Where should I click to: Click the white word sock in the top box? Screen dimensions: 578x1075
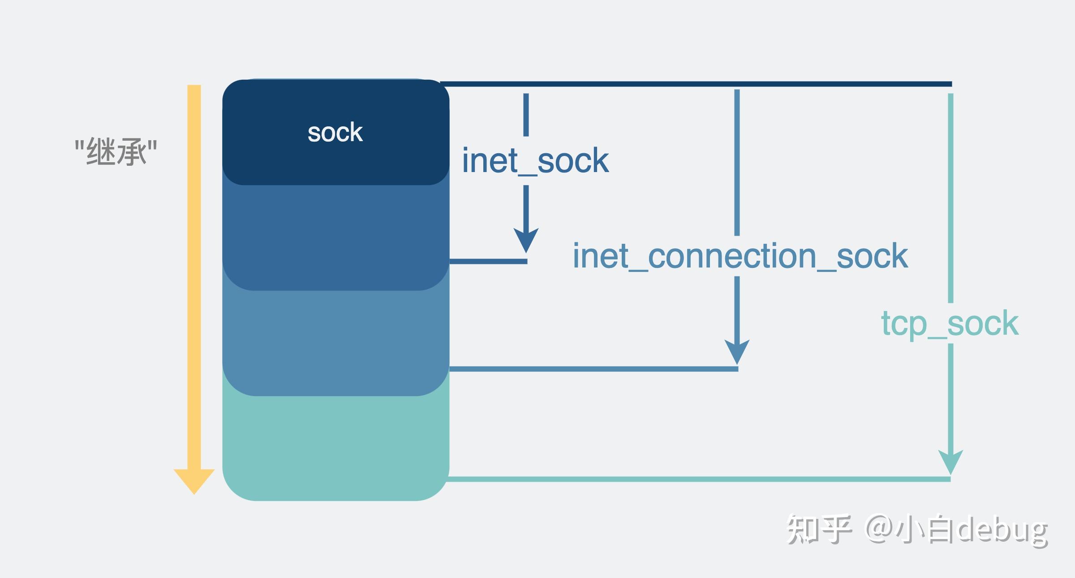[x=335, y=133]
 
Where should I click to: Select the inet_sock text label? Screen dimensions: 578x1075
[x=535, y=160]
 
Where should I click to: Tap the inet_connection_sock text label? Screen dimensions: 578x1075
[x=740, y=256]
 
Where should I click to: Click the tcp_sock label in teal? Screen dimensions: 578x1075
[x=950, y=323]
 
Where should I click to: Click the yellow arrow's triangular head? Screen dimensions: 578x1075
[x=194, y=480]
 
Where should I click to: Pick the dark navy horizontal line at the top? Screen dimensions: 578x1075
[x=694, y=84]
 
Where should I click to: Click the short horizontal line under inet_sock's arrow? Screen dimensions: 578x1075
[x=488, y=261]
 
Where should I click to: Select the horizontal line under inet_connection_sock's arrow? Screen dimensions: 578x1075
[x=593, y=369]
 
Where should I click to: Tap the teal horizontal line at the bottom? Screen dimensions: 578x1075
[x=699, y=479]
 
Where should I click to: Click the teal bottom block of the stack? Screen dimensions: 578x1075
[x=336, y=448]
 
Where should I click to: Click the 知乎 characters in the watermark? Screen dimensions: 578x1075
[x=819, y=530]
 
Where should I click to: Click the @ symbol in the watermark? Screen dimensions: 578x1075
[x=879, y=529]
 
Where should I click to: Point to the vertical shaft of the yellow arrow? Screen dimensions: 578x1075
[x=194, y=269]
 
